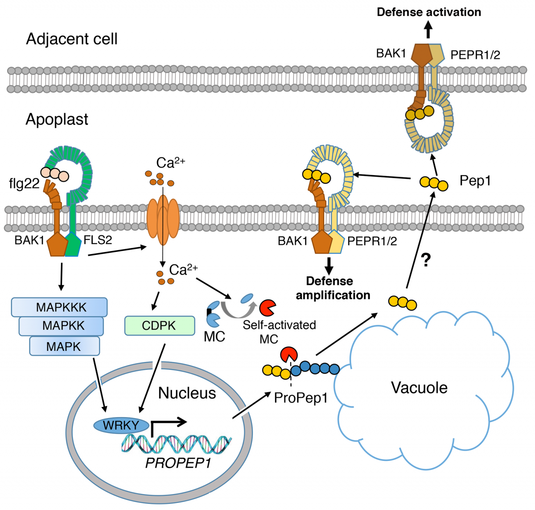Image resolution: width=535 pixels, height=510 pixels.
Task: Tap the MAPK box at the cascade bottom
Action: (x=64, y=346)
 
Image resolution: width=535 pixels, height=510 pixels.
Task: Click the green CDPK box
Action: (x=160, y=326)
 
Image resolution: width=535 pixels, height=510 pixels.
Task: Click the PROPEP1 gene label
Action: (x=178, y=463)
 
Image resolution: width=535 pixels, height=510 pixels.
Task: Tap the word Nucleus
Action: (x=187, y=393)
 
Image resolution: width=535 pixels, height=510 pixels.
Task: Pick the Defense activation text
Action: (x=429, y=12)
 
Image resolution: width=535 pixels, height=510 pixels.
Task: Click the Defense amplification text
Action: (x=333, y=288)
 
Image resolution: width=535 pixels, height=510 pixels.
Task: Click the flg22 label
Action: (x=24, y=183)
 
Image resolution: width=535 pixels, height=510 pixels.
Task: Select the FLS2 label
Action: (x=98, y=240)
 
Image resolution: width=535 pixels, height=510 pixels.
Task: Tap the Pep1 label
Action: (x=475, y=181)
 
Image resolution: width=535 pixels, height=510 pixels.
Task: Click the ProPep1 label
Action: (x=300, y=397)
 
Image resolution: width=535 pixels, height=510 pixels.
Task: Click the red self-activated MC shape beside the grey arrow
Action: (x=267, y=307)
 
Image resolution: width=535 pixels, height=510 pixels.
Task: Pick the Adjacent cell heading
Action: (x=72, y=39)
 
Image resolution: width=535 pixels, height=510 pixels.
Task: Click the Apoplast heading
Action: (x=57, y=119)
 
